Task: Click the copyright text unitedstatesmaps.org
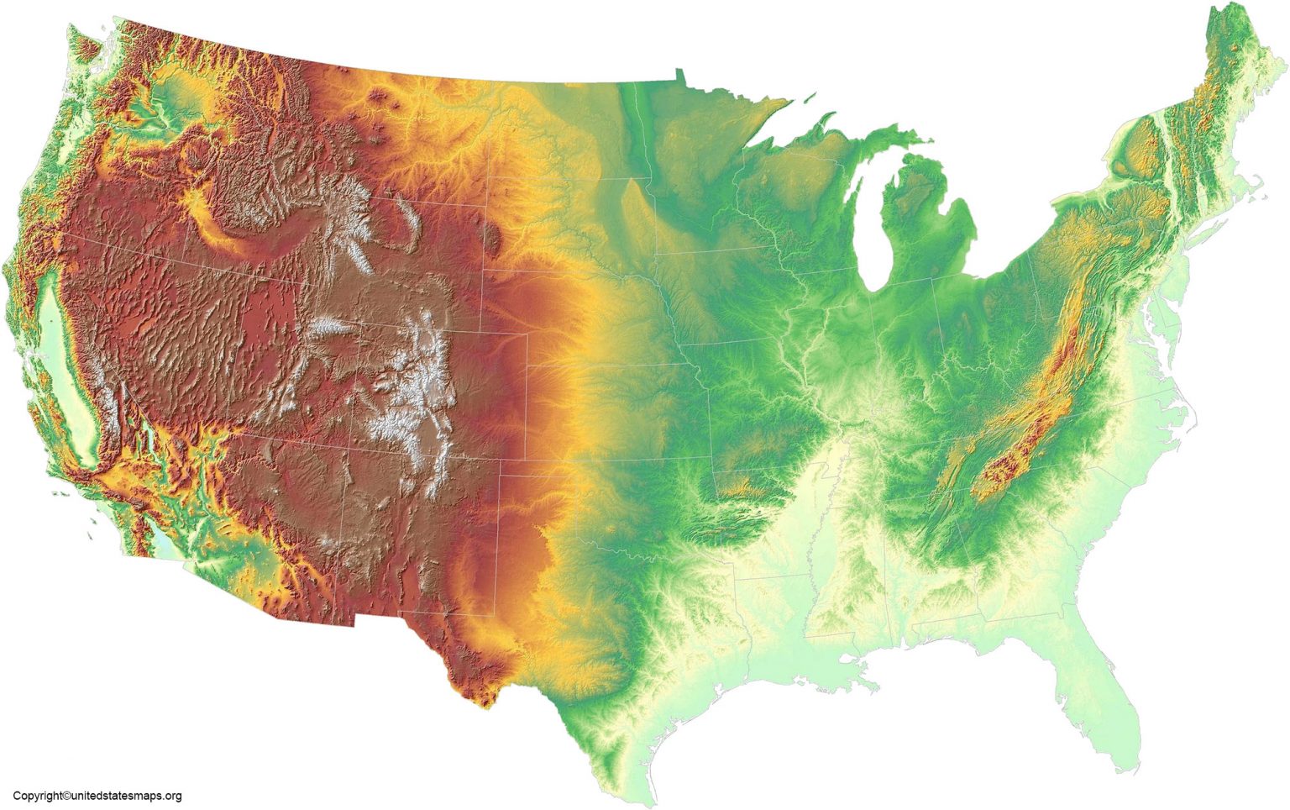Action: [x=97, y=796]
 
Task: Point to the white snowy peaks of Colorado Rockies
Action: [x=412, y=395]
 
